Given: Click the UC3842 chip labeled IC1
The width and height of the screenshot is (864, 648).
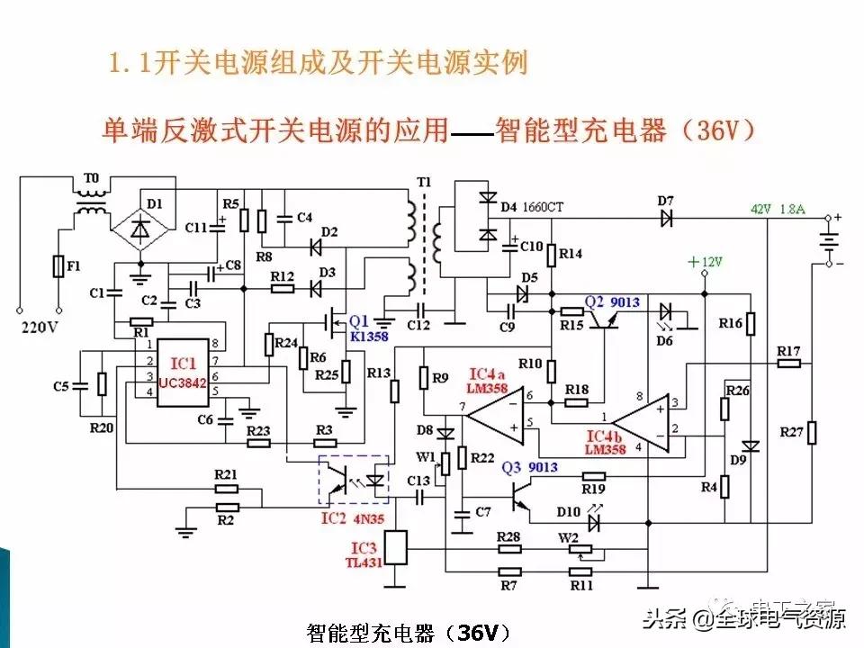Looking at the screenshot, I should [184, 373].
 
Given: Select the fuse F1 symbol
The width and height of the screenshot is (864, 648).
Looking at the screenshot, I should [58, 267].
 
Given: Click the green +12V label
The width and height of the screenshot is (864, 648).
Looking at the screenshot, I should [705, 262].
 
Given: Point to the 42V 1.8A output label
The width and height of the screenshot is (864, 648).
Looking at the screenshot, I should [778, 210].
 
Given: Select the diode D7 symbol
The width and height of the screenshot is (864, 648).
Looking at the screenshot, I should [666, 217].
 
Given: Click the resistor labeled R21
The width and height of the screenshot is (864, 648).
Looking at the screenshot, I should [227, 489].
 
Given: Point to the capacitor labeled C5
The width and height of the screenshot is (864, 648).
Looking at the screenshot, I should [81, 386].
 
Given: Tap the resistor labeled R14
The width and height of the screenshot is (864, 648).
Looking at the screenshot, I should [552, 255].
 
